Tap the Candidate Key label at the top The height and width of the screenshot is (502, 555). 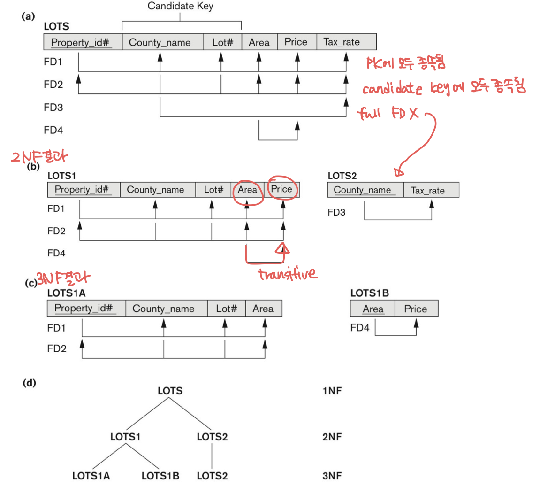[x=180, y=6]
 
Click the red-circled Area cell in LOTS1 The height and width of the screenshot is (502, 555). [x=247, y=190]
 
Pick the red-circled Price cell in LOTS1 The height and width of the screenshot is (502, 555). [x=281, y=189]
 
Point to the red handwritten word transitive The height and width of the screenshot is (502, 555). [x=287, y=274]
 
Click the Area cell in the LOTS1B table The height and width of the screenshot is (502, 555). [x=373, y=309]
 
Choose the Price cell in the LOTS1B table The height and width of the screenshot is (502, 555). [x=416, y=309]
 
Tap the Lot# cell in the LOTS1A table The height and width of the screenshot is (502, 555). [x=226, y=309]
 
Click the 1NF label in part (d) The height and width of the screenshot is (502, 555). [x=332, y=391]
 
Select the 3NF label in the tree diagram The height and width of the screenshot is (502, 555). [x=332, y=476]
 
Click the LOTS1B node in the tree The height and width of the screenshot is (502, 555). [x=160, y=476]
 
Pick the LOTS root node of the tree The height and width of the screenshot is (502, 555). [x=170, y=391]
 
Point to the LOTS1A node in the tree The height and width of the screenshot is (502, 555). [x=91, y=476]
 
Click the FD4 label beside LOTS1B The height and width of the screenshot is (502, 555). [x=360, y=328]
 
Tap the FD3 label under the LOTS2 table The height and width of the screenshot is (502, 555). [x=336, y=212]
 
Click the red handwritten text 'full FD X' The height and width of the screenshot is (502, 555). [x=388, y=113]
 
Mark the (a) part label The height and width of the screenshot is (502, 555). [x=28, y=16]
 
